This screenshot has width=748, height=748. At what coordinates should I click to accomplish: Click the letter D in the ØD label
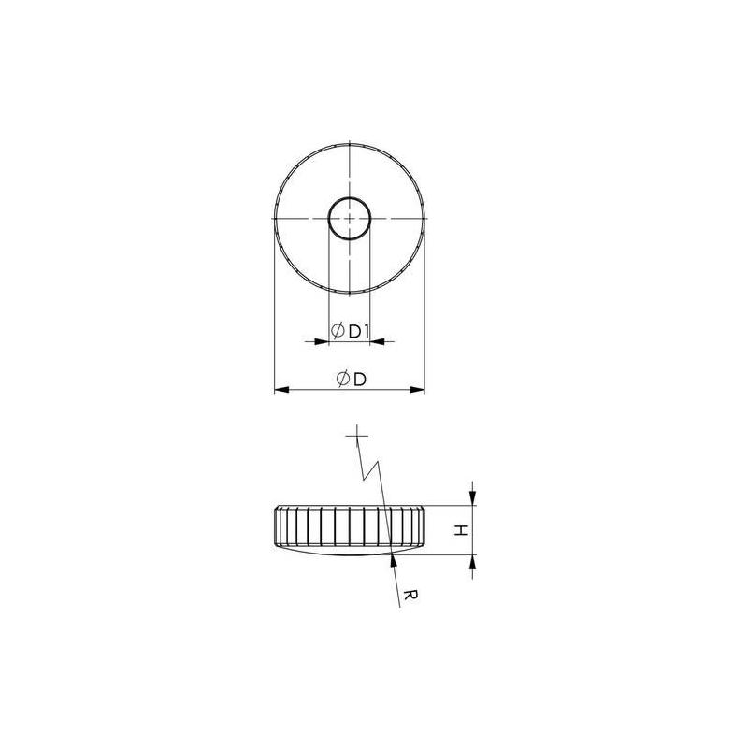coord(359,379)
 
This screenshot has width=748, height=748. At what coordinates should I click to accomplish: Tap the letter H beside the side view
coord(459,530)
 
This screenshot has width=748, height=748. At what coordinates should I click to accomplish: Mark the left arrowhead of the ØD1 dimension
coord(322,341)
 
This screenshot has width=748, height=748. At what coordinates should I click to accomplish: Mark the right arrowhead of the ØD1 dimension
coord(377,341)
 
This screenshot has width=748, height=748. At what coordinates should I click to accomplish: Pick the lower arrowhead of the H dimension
coord(472,561)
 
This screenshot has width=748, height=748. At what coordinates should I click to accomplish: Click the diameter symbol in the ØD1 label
coord(338,331)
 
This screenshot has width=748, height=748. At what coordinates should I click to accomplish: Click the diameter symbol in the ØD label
coord(343,379)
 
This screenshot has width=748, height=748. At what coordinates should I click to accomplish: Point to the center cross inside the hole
coord(349,218)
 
